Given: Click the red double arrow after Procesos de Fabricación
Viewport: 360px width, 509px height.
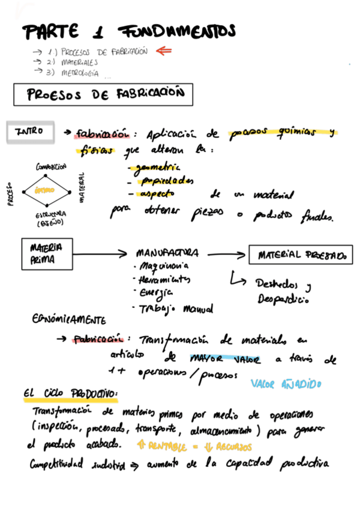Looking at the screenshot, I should [x=163, y=51].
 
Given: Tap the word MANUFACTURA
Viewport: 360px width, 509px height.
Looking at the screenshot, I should [x=167, y=253].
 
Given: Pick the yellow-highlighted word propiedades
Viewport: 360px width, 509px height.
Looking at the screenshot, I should [x=164, y=181].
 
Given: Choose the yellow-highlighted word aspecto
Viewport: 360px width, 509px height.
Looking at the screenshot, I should [x=156, y=194].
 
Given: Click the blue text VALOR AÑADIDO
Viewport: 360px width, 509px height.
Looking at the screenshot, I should [x=286, y=383].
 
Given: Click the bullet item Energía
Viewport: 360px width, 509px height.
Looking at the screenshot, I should [x=155, y=294].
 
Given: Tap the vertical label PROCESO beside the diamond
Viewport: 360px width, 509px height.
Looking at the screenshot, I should [x=10, y=194].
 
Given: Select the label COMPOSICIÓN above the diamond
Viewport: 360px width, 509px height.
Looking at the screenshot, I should [x=51, y=166].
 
